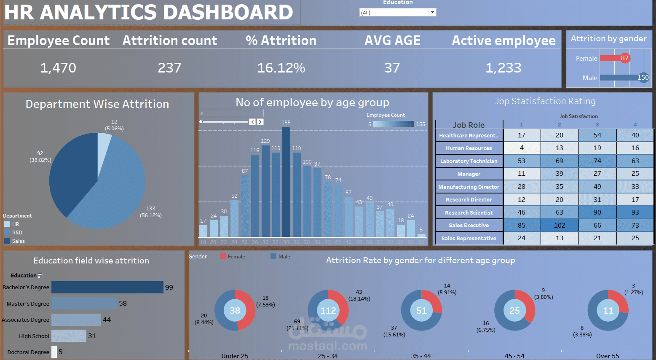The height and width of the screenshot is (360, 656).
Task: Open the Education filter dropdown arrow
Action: point(432,13)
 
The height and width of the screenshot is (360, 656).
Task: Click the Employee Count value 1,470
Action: point(58,68)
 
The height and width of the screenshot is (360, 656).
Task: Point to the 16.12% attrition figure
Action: point(281,68)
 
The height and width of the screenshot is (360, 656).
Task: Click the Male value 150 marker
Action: point(643,78)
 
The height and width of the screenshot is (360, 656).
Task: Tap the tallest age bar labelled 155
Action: point(286,181)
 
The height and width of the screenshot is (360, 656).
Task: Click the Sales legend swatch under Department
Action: point(7,241)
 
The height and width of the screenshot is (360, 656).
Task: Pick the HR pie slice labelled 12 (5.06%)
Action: point(104,152)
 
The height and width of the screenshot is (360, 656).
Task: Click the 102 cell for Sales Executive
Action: point(560,226)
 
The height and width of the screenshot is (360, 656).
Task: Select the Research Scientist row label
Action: point(469,213)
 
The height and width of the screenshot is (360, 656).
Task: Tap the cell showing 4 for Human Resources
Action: point(522,148)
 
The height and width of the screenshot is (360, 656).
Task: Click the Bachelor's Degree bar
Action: point(107,287)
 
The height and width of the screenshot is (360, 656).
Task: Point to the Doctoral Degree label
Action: point(28,352)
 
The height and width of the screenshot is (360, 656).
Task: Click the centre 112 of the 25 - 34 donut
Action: point(328,311)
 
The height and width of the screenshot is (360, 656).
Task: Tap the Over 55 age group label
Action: point(608,356)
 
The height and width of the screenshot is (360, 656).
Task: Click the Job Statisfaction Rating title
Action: point(545,101)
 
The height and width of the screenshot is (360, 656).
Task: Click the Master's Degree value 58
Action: point(123,304)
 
